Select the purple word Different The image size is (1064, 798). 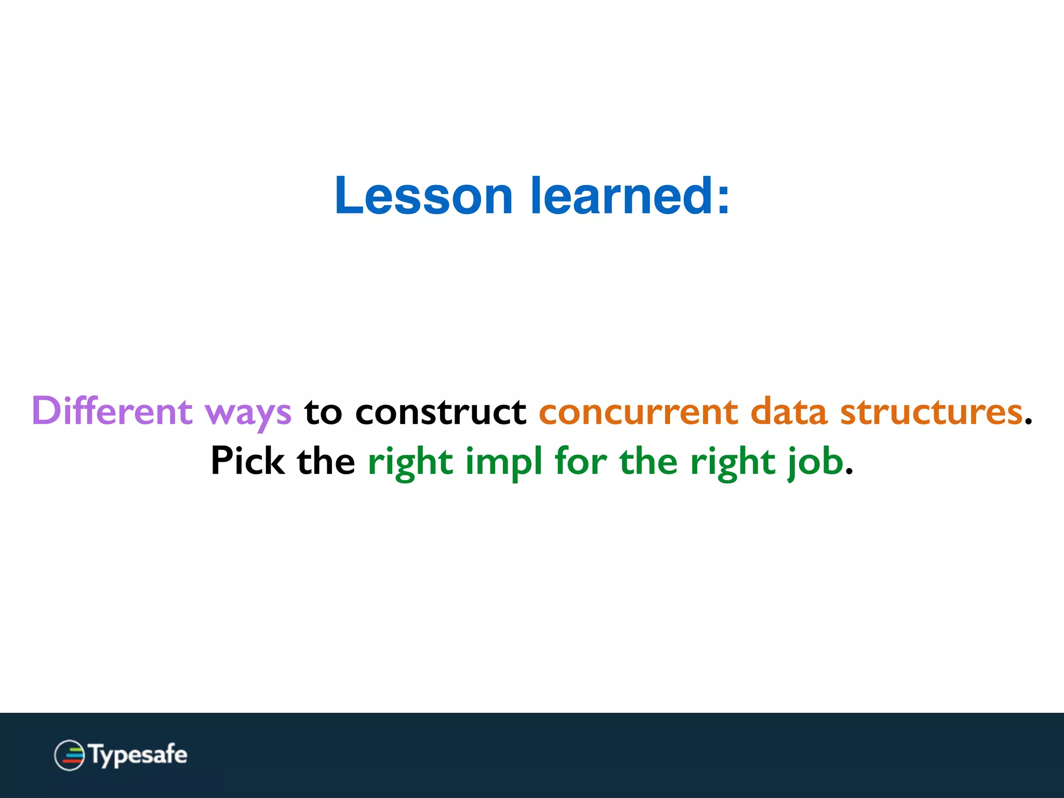point(112,411)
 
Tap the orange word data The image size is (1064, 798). point(789,411)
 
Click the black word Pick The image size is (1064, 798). point(247,461)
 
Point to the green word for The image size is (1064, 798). point(580,461)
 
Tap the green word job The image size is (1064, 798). point(816,462)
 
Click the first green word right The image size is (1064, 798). point(410,462)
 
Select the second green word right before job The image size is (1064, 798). point(733,462)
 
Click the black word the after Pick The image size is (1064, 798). point(326,461)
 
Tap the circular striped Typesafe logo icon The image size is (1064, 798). point(69,755)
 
